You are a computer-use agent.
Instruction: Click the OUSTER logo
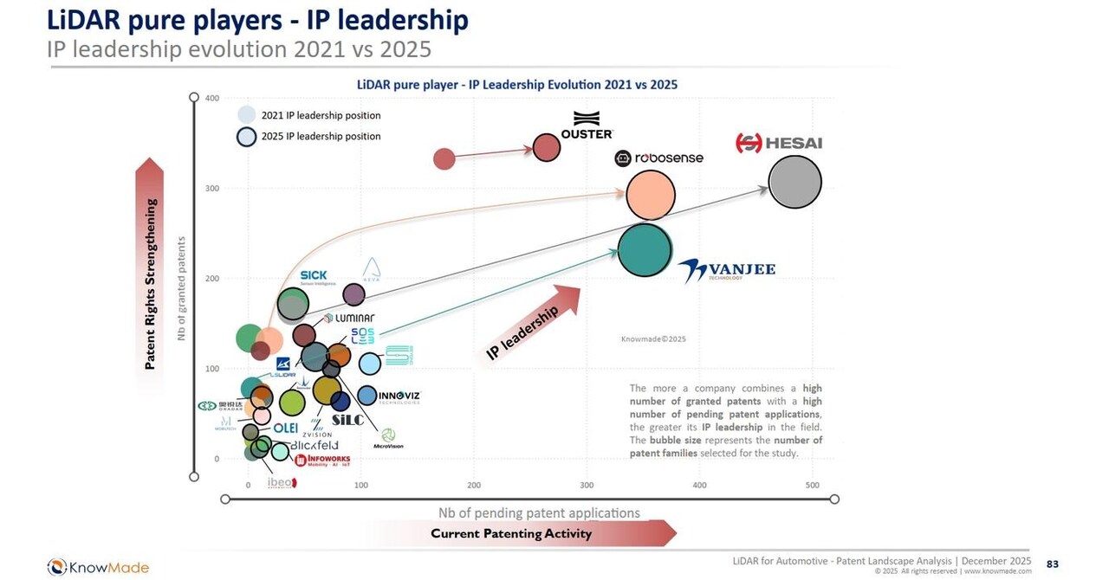tap(587, 126)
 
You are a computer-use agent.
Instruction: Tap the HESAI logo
tap(778, 143)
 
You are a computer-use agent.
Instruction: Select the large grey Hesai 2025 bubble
tap(794, 183)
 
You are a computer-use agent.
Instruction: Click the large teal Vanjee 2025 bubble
tap(645, 250)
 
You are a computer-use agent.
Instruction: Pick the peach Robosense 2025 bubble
tap(651, 195)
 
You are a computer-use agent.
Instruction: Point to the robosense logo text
tap(658, 158)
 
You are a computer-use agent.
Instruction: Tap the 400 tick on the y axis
tap(212, 98)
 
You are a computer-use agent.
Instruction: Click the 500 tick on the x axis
tap(812, 485)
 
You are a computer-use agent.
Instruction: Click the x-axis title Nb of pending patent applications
tap(539, 512)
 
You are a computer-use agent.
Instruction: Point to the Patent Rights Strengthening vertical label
tap(151, 284)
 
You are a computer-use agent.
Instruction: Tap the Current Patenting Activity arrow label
tap(511, 533)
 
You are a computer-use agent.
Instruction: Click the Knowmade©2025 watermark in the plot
tap(653, 339)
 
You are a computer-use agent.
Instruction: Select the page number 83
tap(1052, 564)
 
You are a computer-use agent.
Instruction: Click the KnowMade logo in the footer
tap(98, 567)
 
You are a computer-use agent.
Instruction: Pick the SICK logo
tap(313, 276)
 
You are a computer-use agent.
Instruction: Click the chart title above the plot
tap(517, 85)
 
